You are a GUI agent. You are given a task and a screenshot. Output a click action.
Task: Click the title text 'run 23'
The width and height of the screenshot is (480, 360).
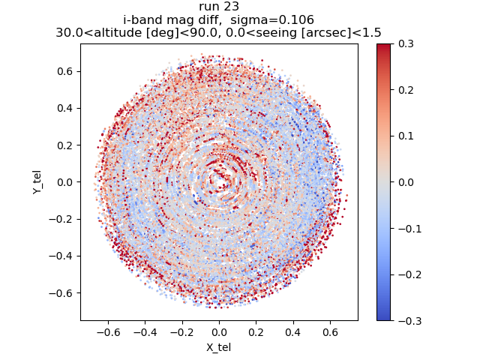pos(219,7)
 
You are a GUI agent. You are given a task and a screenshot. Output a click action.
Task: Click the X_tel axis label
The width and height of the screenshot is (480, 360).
pos(219,347)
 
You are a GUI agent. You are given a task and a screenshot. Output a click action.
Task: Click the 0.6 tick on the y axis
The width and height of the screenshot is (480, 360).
pos(66,71)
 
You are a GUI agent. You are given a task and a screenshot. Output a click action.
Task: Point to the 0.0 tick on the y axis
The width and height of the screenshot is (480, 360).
pos(66,182)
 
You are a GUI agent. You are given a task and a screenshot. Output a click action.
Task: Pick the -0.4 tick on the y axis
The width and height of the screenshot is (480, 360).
pos(63,256)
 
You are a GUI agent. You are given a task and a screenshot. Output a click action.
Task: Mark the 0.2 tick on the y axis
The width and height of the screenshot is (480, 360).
pos(66,145)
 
